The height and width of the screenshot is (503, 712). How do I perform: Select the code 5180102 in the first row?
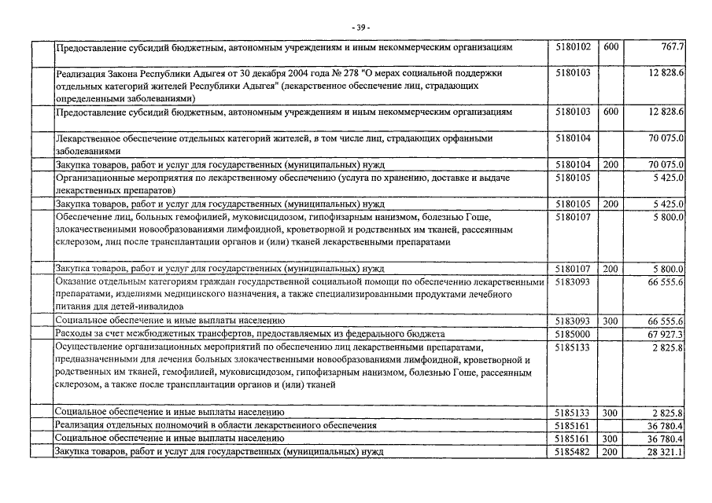coord(572,47)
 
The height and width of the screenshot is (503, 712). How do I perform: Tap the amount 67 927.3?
coord(666,334)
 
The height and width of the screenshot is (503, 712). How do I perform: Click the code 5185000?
coord(572,334)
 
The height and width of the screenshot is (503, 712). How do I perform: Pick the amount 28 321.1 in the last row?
coord(666,452)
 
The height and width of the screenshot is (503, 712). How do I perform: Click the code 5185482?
coord(572,452)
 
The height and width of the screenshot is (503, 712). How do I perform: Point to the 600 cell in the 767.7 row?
coord(611,47)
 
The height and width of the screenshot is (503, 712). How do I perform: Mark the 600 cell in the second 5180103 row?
coord(611,112)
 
